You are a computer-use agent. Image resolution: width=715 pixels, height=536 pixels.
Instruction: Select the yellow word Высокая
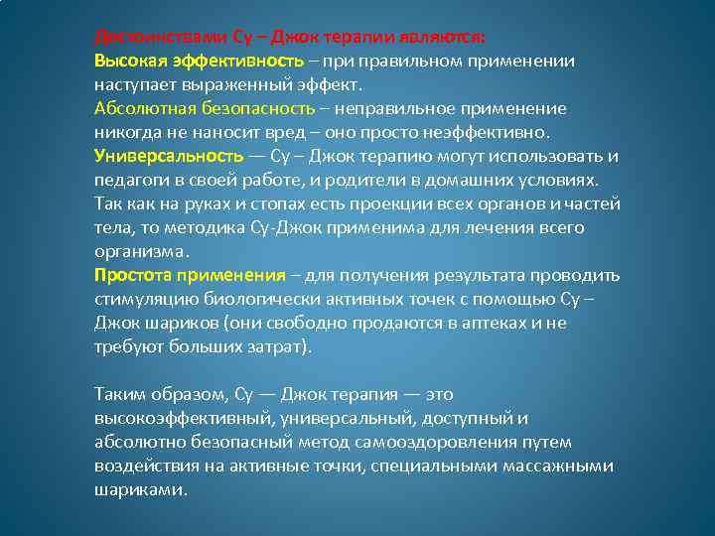(x=127, y=62)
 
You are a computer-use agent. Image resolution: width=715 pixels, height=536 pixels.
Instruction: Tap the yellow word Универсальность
(x=168, y=157)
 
